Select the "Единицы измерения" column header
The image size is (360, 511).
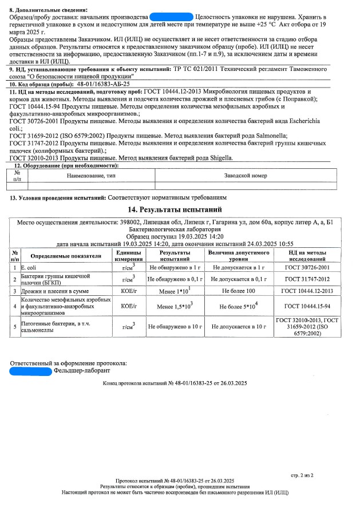(x=128, y=256)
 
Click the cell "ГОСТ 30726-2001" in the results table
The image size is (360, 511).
(x=310, y=267)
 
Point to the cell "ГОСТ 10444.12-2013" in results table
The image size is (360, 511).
(x=310, y=291)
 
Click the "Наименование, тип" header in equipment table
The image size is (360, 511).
(x=90, y=176)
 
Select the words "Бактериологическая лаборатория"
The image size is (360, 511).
(x=179, y=229)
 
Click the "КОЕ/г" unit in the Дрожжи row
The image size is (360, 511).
(x=128, y=291)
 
